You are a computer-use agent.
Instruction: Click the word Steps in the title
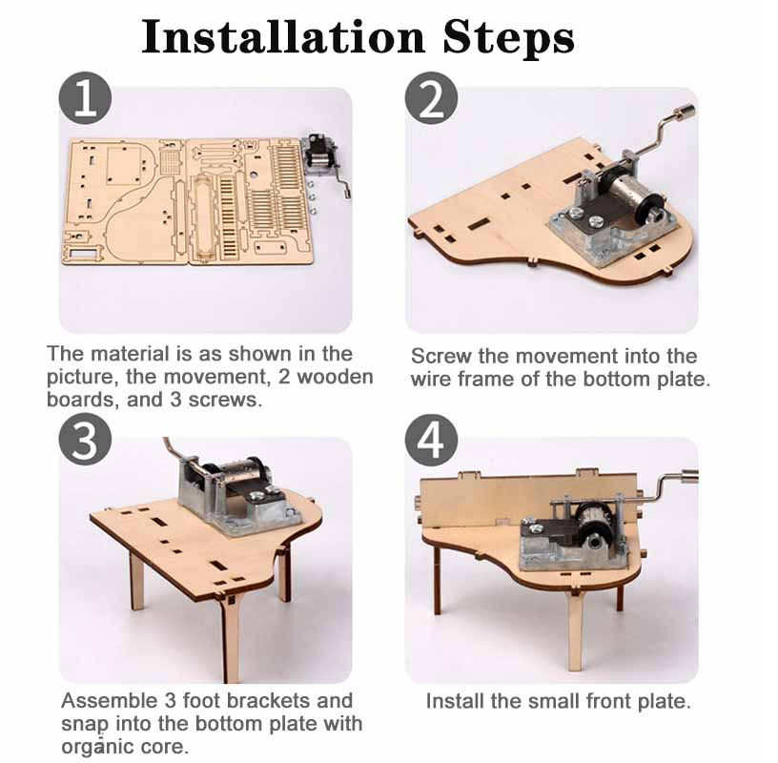coord(508,39)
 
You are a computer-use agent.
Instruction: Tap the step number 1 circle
coord(86,98)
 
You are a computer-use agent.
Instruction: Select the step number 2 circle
coord(431,98)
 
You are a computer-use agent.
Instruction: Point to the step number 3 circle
coord(85,440)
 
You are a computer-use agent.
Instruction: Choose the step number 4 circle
coord(431,440)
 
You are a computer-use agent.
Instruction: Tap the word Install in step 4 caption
coord(455,701)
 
